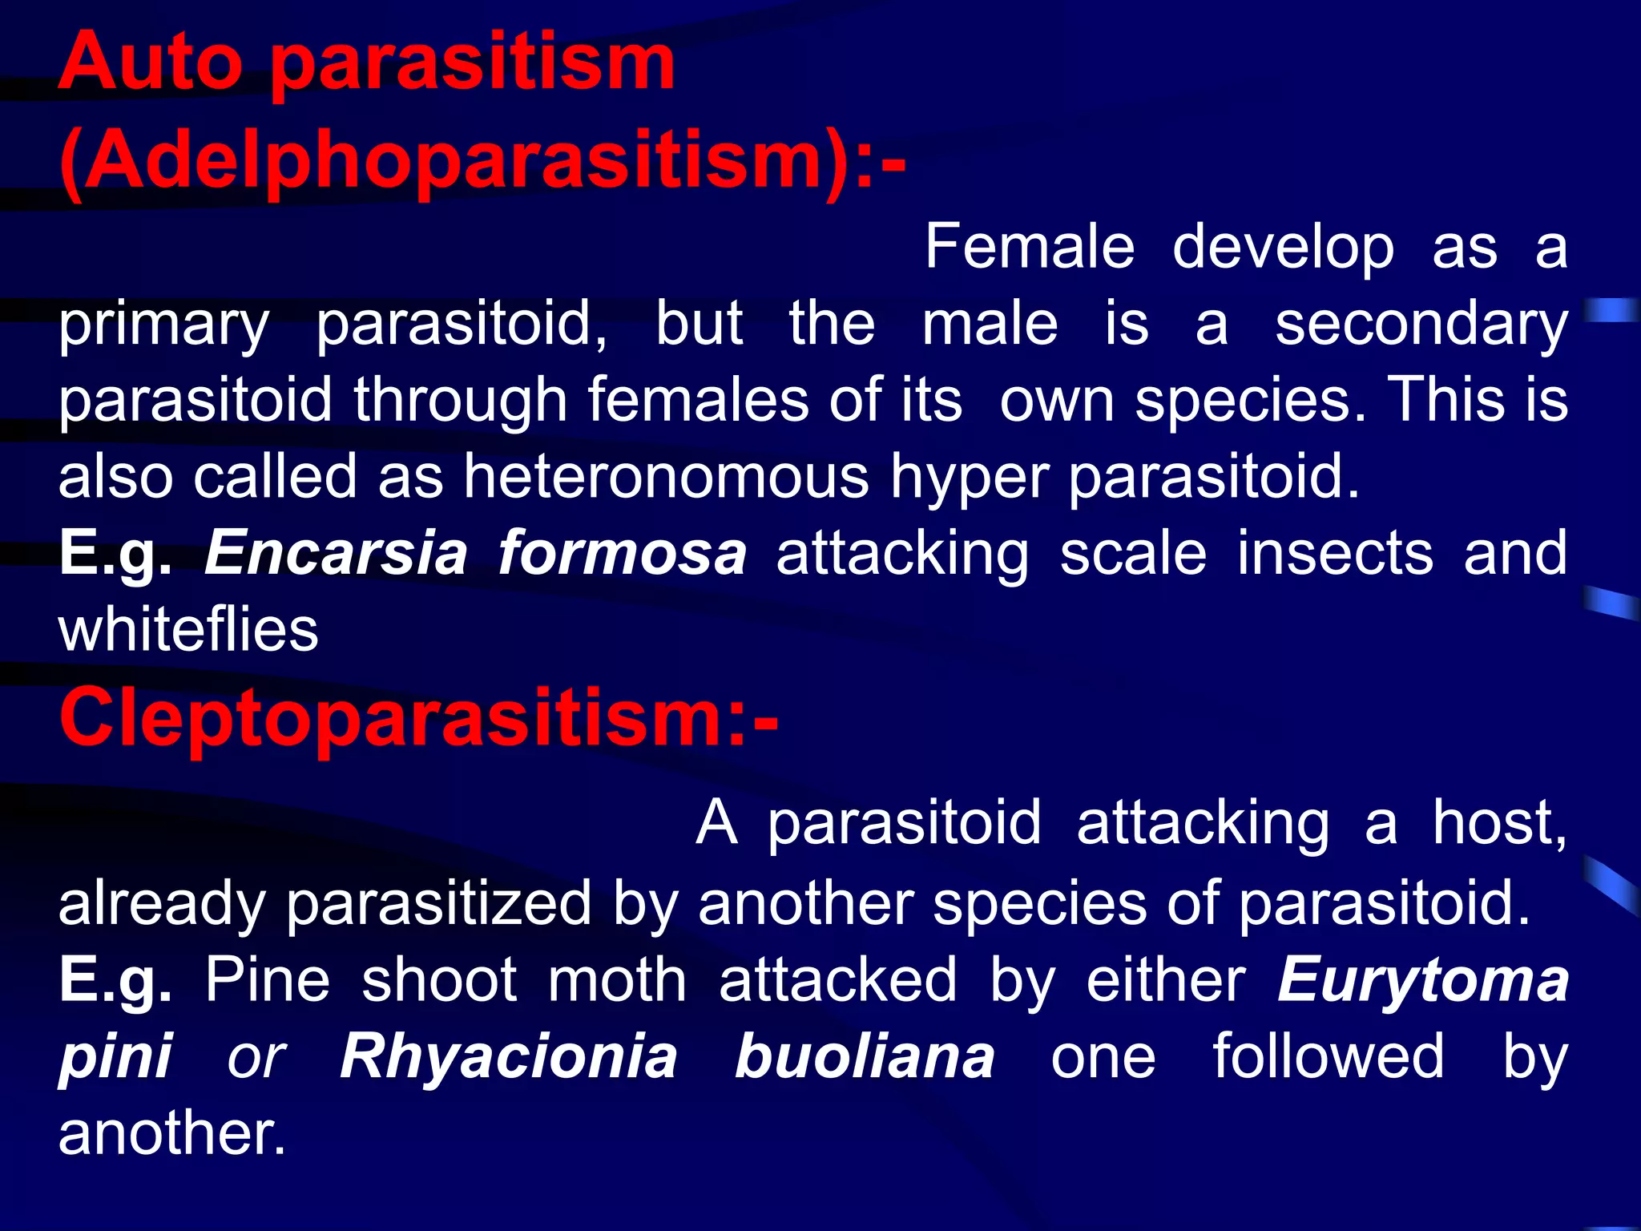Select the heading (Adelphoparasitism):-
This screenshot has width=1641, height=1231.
pyautogui.click(x=482, y=160)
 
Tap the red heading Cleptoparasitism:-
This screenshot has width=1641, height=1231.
pyautogui.click(x=418, y=717)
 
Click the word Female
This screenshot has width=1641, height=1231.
pyautogui.click(x=1030, y=248)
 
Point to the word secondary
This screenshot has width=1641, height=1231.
pyautogui.click(x=1421, y=325)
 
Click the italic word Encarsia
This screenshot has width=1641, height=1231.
pyautogui.click(x=336, y=554)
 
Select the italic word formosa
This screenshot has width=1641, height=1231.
pyautogui.click(x=622, y=554)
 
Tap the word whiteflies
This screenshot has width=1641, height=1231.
pyautogui.click(x=188, y=630)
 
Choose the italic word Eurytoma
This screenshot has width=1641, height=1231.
pyautogui.click(x=1422, y=981)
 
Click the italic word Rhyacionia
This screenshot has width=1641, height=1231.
pyautogui.click(x=509, y=1057)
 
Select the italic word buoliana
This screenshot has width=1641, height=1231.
pyautogui.click(x=865, y=1057)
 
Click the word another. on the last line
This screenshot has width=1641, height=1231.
pyautogui.click(x=171, y=1133)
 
